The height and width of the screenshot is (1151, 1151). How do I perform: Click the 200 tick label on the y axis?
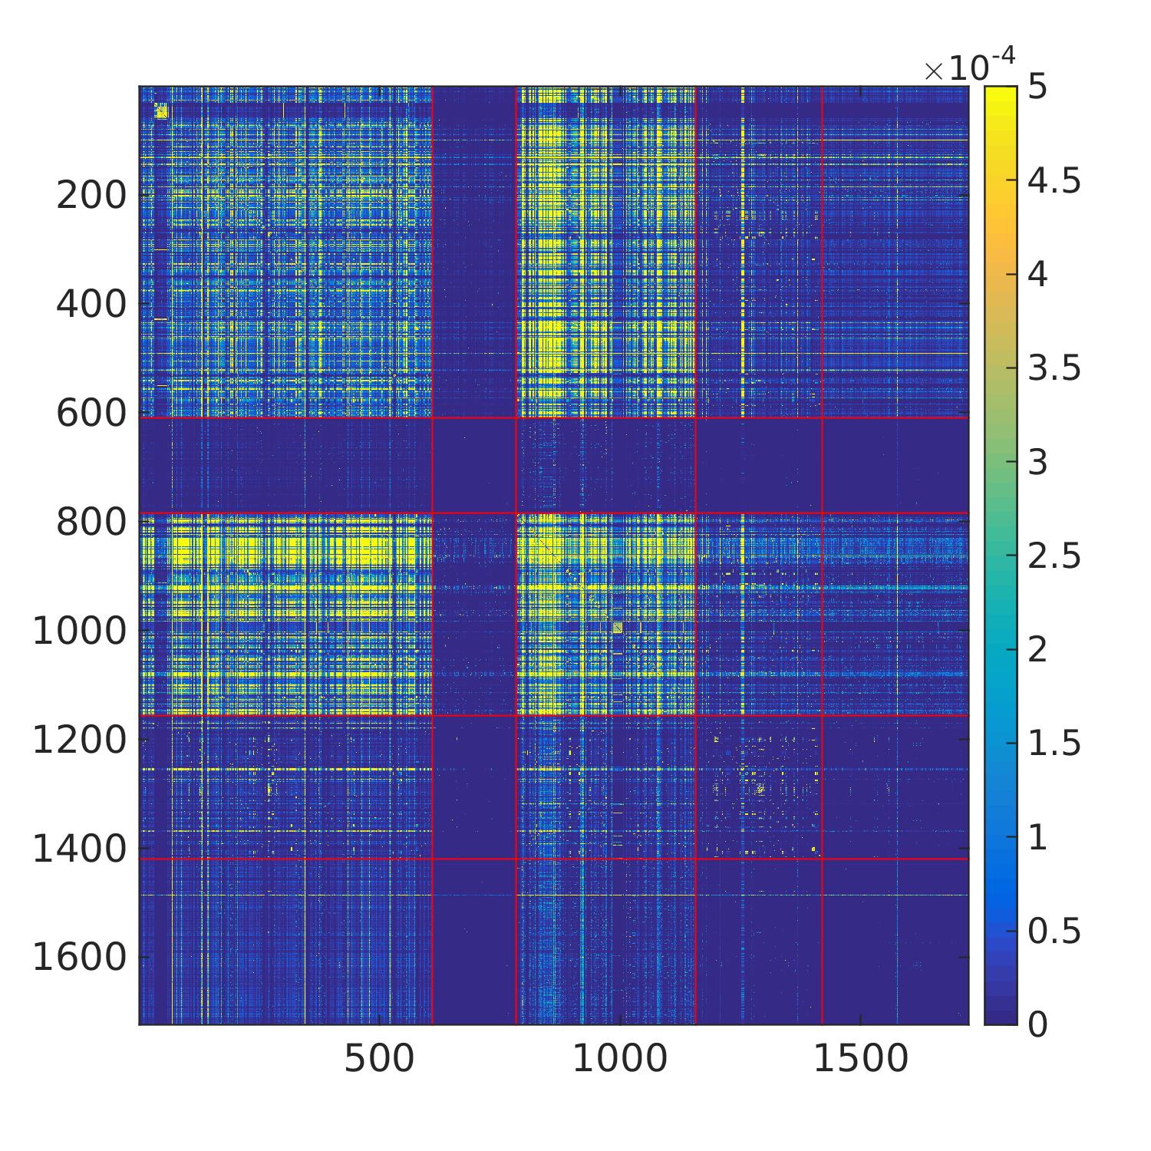[91, 196]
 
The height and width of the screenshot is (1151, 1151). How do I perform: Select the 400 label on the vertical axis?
[91, 305]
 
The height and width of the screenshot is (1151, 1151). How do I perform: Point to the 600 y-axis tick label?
[91, 414]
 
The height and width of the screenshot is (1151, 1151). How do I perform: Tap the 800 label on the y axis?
[91, 523]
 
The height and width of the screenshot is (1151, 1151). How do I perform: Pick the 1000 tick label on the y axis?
[80, 632]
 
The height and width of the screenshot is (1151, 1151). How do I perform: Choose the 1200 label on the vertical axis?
[80, 740]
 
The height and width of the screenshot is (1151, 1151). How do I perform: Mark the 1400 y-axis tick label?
[80, 849]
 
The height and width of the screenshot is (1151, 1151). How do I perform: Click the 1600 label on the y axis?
[80, 958]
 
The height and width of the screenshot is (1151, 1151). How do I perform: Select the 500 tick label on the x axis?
[379, 1060]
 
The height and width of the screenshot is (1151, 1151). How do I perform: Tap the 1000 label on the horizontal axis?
[620, 1060]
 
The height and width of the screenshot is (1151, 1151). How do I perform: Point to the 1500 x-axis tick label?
[860, 1060]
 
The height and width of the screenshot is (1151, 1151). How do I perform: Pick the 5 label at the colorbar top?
[1037, 87]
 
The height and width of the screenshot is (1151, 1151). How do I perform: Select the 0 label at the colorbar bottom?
[1037, 1024]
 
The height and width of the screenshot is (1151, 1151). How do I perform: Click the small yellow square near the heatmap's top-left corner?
[161, 112]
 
